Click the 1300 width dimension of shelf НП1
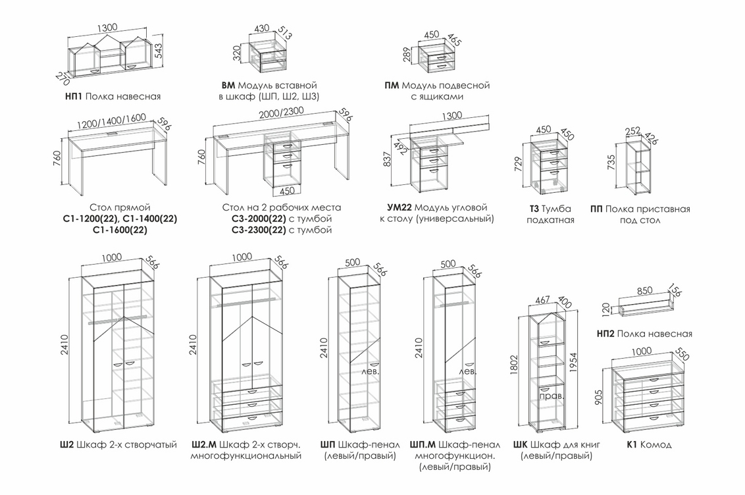tap(107, 28)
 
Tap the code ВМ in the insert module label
tap(228, 86)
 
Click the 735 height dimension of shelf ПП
tap(611, 163)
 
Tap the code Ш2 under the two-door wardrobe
tap(66, 445)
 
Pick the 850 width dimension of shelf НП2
tap(645, 290)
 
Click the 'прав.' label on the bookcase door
tap(549, 398)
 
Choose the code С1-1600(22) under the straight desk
tap(120, 230)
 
